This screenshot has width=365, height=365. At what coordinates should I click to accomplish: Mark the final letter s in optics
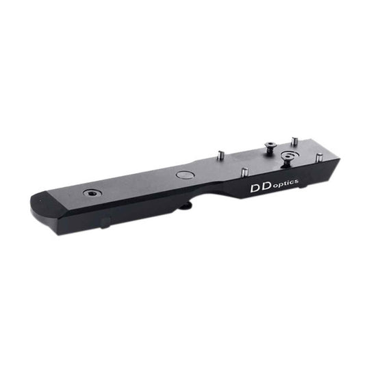[295, 180]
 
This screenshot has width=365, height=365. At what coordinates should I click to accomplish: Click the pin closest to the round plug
[220, 155]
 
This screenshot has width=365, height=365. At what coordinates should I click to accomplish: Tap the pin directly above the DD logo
[244, 171]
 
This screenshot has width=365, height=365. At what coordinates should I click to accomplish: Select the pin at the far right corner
[319, 158]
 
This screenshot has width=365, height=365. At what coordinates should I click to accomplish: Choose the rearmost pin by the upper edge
[294, 141]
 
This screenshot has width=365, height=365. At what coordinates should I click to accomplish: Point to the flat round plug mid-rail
[185, 175]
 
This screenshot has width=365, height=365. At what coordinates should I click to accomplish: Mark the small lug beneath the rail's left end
[104, 223]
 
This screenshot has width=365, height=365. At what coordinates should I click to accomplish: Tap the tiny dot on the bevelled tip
[40, 199]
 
